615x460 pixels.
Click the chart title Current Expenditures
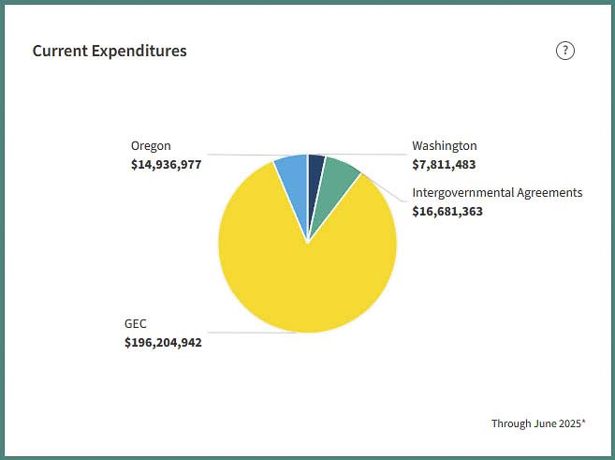(x=110, y=51)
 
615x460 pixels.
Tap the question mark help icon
(x=564, y=51)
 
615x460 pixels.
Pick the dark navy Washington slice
(x=315, y=168)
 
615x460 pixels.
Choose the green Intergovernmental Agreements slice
(x=337, y=183)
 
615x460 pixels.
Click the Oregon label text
(x=151, y=146)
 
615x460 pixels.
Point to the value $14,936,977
(x=166, y=164)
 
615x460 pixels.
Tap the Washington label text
(x=445, y=146)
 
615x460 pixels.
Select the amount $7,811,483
(x=444, y=164)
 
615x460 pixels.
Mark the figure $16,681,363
(x=447, y=211)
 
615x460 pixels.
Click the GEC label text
(x=136, y=324)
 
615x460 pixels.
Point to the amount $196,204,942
(x=163, y=342)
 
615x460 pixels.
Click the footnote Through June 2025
(x=537, y=423)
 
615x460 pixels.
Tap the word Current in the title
(x=58, y=51)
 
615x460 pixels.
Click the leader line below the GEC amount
(x=253, y=332)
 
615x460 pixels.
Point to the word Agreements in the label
(x=550, y=193)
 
